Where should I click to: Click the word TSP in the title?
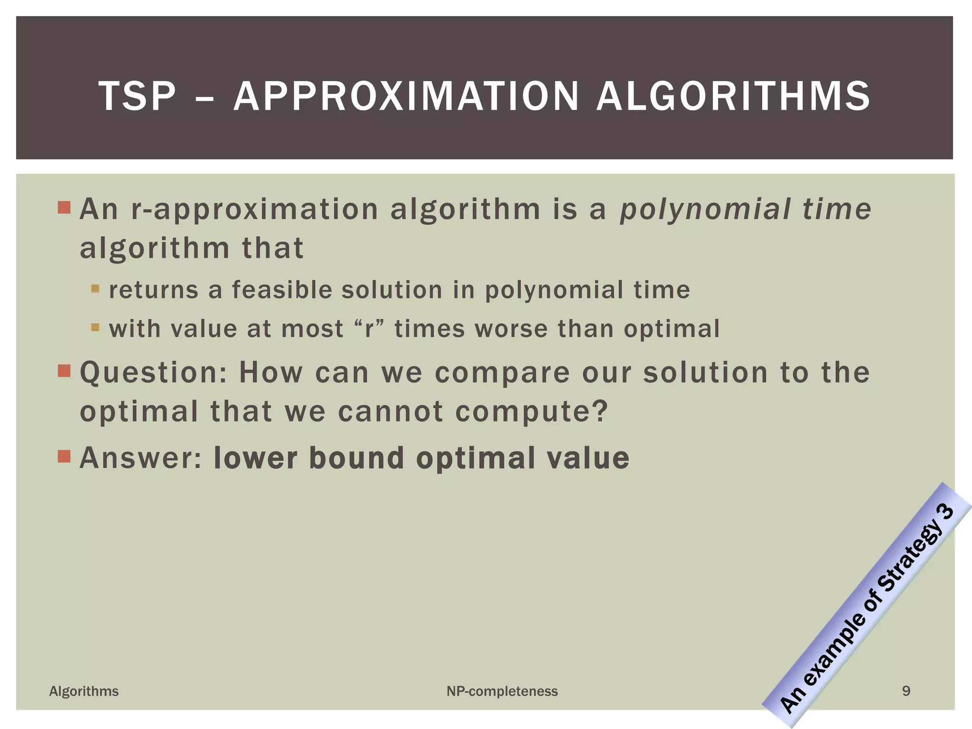(137, 96)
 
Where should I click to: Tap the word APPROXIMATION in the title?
(406, 96)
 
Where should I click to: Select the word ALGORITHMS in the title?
(733, 96)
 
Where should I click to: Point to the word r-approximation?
(254, 209)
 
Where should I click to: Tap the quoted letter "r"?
(369, 328)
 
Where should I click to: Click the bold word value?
(588, 458)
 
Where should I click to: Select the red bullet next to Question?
(64, 370)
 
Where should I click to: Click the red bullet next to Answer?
(64, 456)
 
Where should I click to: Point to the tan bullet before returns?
(95, 289)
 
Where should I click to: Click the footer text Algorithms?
(84, 691)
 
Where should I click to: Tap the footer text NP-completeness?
(502, 691)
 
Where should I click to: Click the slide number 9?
(906, 691)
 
